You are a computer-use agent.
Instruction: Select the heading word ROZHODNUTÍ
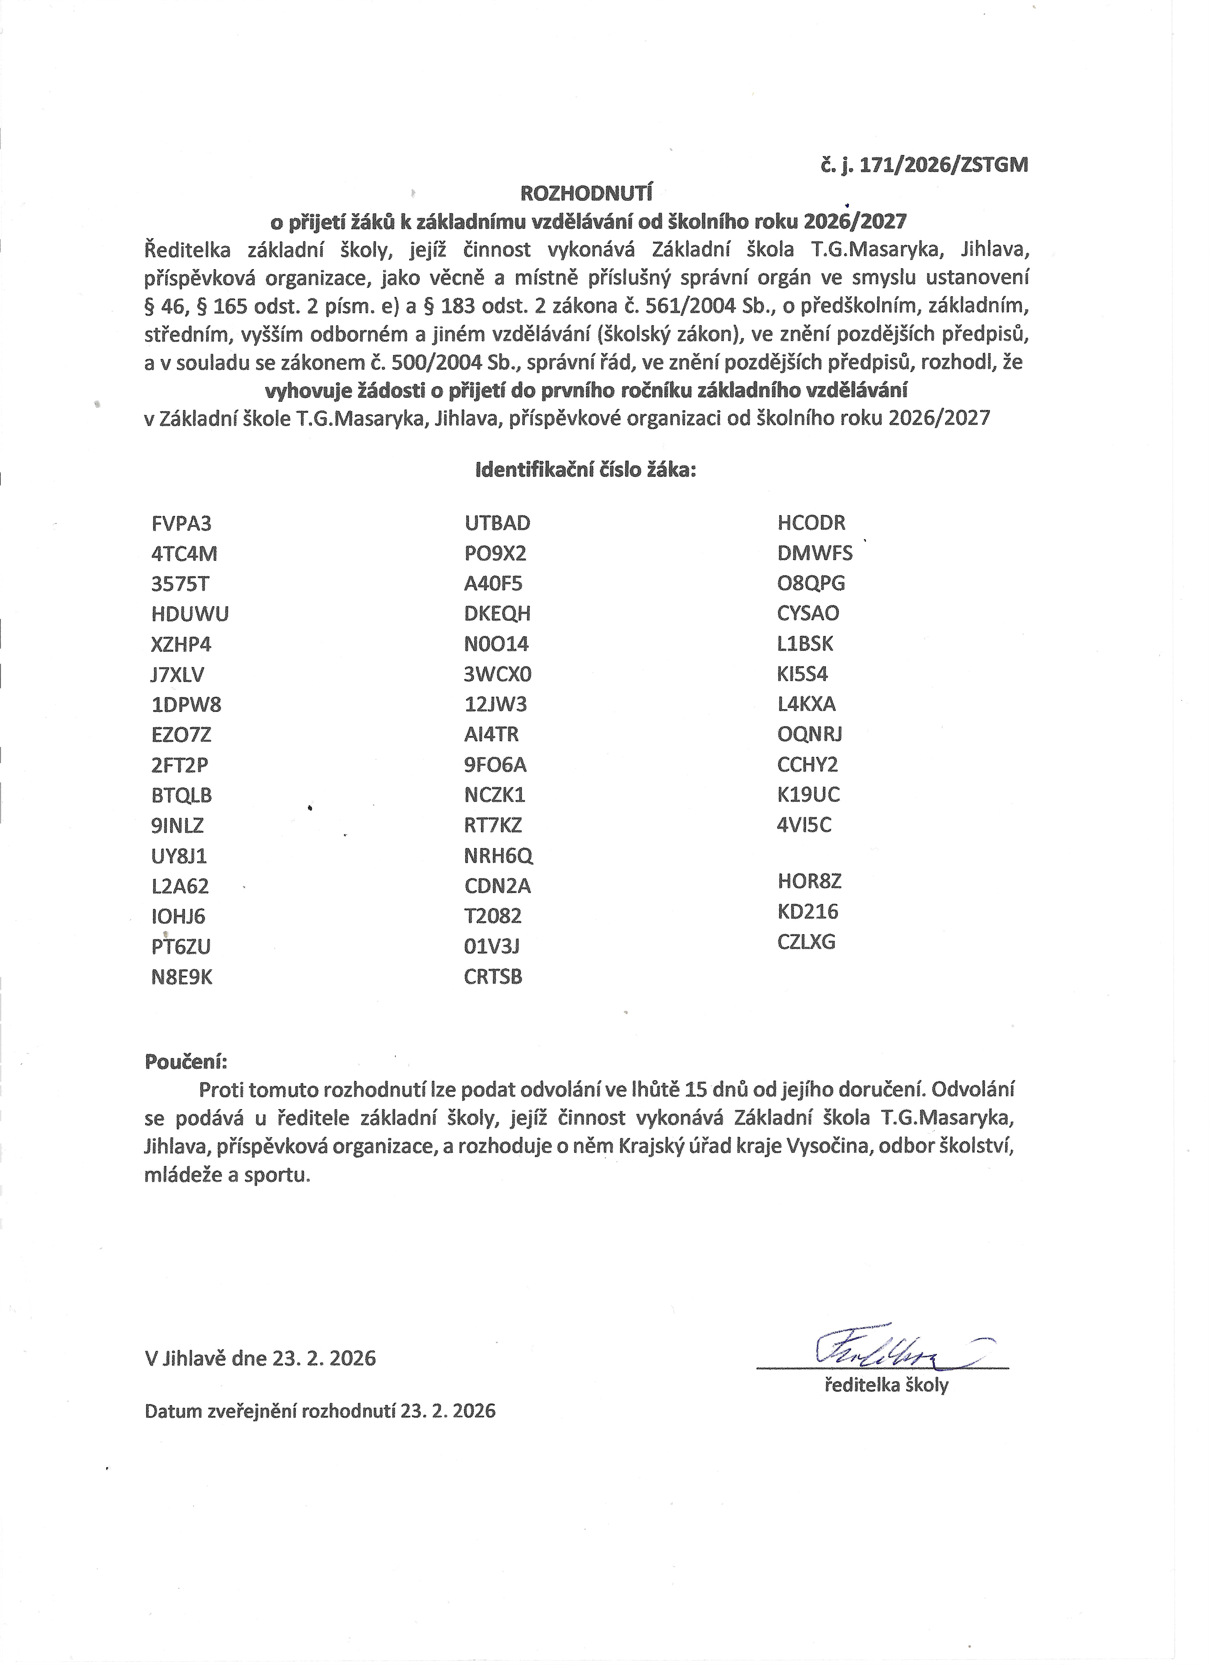tap(586, 194)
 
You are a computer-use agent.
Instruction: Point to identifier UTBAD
tap(497, 523)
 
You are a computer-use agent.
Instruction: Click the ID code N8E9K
tap(182, 977)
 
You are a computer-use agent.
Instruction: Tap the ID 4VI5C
tap(805, 825)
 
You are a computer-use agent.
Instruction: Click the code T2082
tap(493, 916)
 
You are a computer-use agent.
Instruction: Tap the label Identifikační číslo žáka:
tap(586, 470)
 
